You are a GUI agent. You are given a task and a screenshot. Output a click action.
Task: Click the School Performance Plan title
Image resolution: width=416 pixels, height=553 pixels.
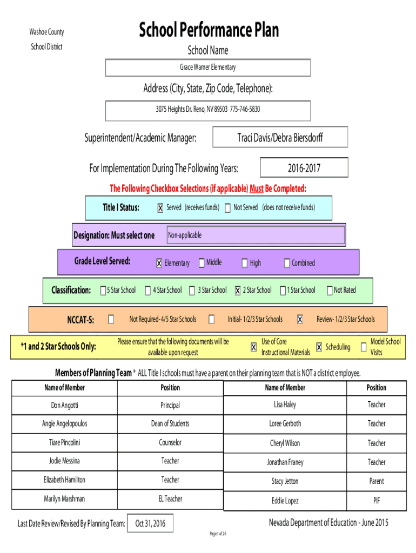(209, 30)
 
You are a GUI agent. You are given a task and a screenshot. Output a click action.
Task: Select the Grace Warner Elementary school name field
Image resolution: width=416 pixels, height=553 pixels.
(207, 68)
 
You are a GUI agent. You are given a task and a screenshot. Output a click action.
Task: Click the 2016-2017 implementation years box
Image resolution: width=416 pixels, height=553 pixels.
(304, 168)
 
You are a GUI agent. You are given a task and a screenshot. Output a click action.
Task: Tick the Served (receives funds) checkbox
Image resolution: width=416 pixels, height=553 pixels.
(160, 208)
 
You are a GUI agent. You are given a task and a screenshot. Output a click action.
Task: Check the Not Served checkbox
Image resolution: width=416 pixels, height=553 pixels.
(227, 208)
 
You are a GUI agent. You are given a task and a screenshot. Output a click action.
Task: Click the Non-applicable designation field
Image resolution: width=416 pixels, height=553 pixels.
(255, 235)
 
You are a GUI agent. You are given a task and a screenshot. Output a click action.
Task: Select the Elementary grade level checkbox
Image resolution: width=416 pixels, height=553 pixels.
(159, 264)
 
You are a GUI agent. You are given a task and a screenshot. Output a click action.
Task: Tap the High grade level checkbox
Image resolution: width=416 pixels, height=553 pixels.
(245, 264)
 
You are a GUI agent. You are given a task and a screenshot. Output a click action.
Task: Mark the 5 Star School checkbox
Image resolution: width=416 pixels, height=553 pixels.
(103, 291)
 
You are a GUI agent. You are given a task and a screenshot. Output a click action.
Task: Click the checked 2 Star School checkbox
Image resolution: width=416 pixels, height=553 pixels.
(238, 291)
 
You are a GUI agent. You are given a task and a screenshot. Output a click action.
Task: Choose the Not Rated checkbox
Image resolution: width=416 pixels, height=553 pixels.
(330, 291)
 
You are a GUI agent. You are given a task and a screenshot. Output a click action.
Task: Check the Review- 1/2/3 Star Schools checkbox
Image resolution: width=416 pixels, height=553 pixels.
(299, 320)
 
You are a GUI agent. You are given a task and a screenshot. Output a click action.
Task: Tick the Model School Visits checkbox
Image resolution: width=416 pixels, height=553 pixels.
(364, 347)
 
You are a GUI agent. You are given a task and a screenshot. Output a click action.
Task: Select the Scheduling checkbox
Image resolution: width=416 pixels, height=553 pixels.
(319, 347)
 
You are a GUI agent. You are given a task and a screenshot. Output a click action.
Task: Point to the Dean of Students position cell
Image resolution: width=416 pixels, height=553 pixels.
(170, 424)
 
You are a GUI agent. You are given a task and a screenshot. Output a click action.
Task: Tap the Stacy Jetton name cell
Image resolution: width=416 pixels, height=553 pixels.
(285, 481)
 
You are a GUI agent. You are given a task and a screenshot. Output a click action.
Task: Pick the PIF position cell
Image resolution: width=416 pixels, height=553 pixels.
(377, 501)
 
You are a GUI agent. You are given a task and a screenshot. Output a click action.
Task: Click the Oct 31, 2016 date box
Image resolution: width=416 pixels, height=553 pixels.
(151, 523)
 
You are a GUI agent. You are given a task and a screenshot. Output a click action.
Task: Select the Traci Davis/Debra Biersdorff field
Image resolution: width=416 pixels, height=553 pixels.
(280, 138)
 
